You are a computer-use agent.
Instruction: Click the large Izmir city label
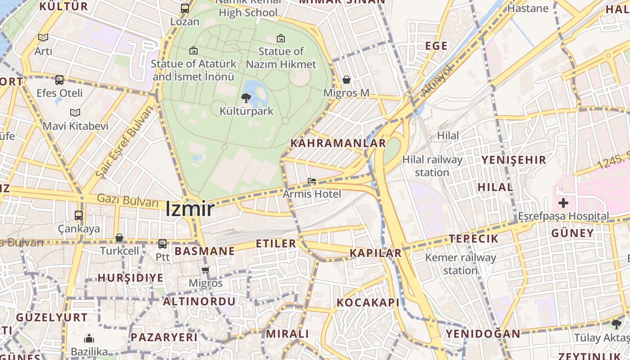[189, 209]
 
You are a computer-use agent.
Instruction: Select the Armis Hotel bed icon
[311, 181]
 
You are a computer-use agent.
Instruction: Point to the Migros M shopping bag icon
[346, 80]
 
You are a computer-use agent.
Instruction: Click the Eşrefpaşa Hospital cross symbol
[563, 203]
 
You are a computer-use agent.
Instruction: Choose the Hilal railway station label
[432, 166]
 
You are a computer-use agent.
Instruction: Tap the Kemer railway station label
[460, 264]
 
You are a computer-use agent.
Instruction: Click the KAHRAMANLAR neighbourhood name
[338, 143]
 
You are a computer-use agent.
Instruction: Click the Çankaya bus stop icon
[79, 216]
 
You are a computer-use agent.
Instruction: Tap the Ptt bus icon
[162, 244]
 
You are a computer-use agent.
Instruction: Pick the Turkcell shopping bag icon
[119, 238]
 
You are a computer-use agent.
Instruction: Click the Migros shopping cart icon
[206, 270]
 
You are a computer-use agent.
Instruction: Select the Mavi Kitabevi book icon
[75, 112]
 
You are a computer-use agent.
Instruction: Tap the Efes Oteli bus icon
[59, 80]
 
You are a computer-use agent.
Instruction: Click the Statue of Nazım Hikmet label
[281, 58]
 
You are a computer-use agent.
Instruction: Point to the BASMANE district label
[205, 251]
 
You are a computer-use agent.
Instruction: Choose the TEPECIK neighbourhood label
[473, 238]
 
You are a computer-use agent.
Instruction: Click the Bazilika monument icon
[89, 338]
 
